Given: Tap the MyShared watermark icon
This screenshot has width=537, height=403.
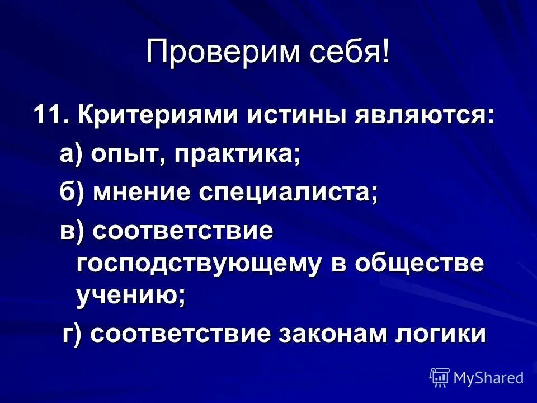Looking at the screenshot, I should [x=440, y=378].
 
